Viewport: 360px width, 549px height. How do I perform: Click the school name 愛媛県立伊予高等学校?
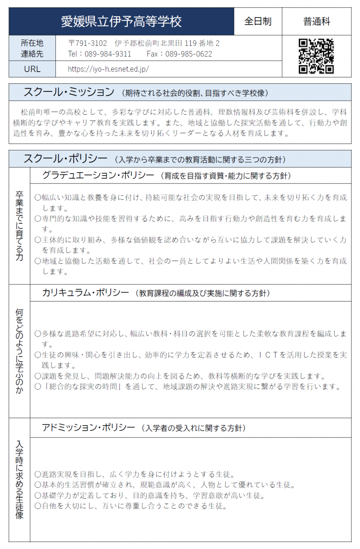coord(121,21)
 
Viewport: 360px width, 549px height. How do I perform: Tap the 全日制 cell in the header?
coord(258,21)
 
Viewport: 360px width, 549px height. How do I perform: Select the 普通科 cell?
coord(316,21)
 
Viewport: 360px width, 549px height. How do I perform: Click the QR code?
coord(316,56)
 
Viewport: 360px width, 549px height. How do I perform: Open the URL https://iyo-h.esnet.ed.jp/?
coord(108,69)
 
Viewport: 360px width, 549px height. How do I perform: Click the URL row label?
coord(32,69)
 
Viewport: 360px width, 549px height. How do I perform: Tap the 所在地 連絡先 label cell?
coord(32,49)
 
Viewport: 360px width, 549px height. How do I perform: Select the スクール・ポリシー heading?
coord(65,159)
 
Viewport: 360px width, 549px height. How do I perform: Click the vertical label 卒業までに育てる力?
coord(19,225)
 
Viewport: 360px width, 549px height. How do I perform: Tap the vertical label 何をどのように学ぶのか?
coord(19,351)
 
